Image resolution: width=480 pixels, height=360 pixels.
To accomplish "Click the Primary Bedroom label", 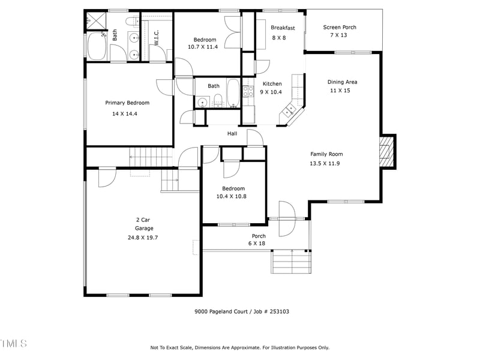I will pyautogui.click(x=127, y=103).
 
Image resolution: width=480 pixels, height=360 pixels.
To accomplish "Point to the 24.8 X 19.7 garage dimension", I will pyautogui.click(x=143, y=238).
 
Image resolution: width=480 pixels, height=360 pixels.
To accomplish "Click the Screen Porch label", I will pyautogui.click(x=340, y=27).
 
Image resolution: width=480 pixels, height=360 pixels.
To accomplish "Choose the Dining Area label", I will pyautogui.click(x=343, y=82).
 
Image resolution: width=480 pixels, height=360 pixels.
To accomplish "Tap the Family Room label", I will pyautogui.click(x=326, y=154).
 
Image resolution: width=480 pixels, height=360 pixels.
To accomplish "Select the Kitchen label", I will pyautogui.click(x=272, y=84).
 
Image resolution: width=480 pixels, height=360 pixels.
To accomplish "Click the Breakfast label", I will pyautogui.click(x=283, y=28).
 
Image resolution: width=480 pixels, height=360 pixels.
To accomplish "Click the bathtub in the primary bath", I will pyautogui.click(x=97, y=47).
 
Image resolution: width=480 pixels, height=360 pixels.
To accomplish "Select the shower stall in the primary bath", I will pyautogui.click(x=92, y=19).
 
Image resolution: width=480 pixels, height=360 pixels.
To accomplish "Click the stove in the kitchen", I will pyautogui.click(x=247, y=92).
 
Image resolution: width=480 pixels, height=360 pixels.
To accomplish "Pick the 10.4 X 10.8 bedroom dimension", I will pyautogui.click(x=231, y=196).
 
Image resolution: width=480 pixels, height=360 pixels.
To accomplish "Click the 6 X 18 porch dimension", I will pyautogui.click(x=257, y=244).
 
